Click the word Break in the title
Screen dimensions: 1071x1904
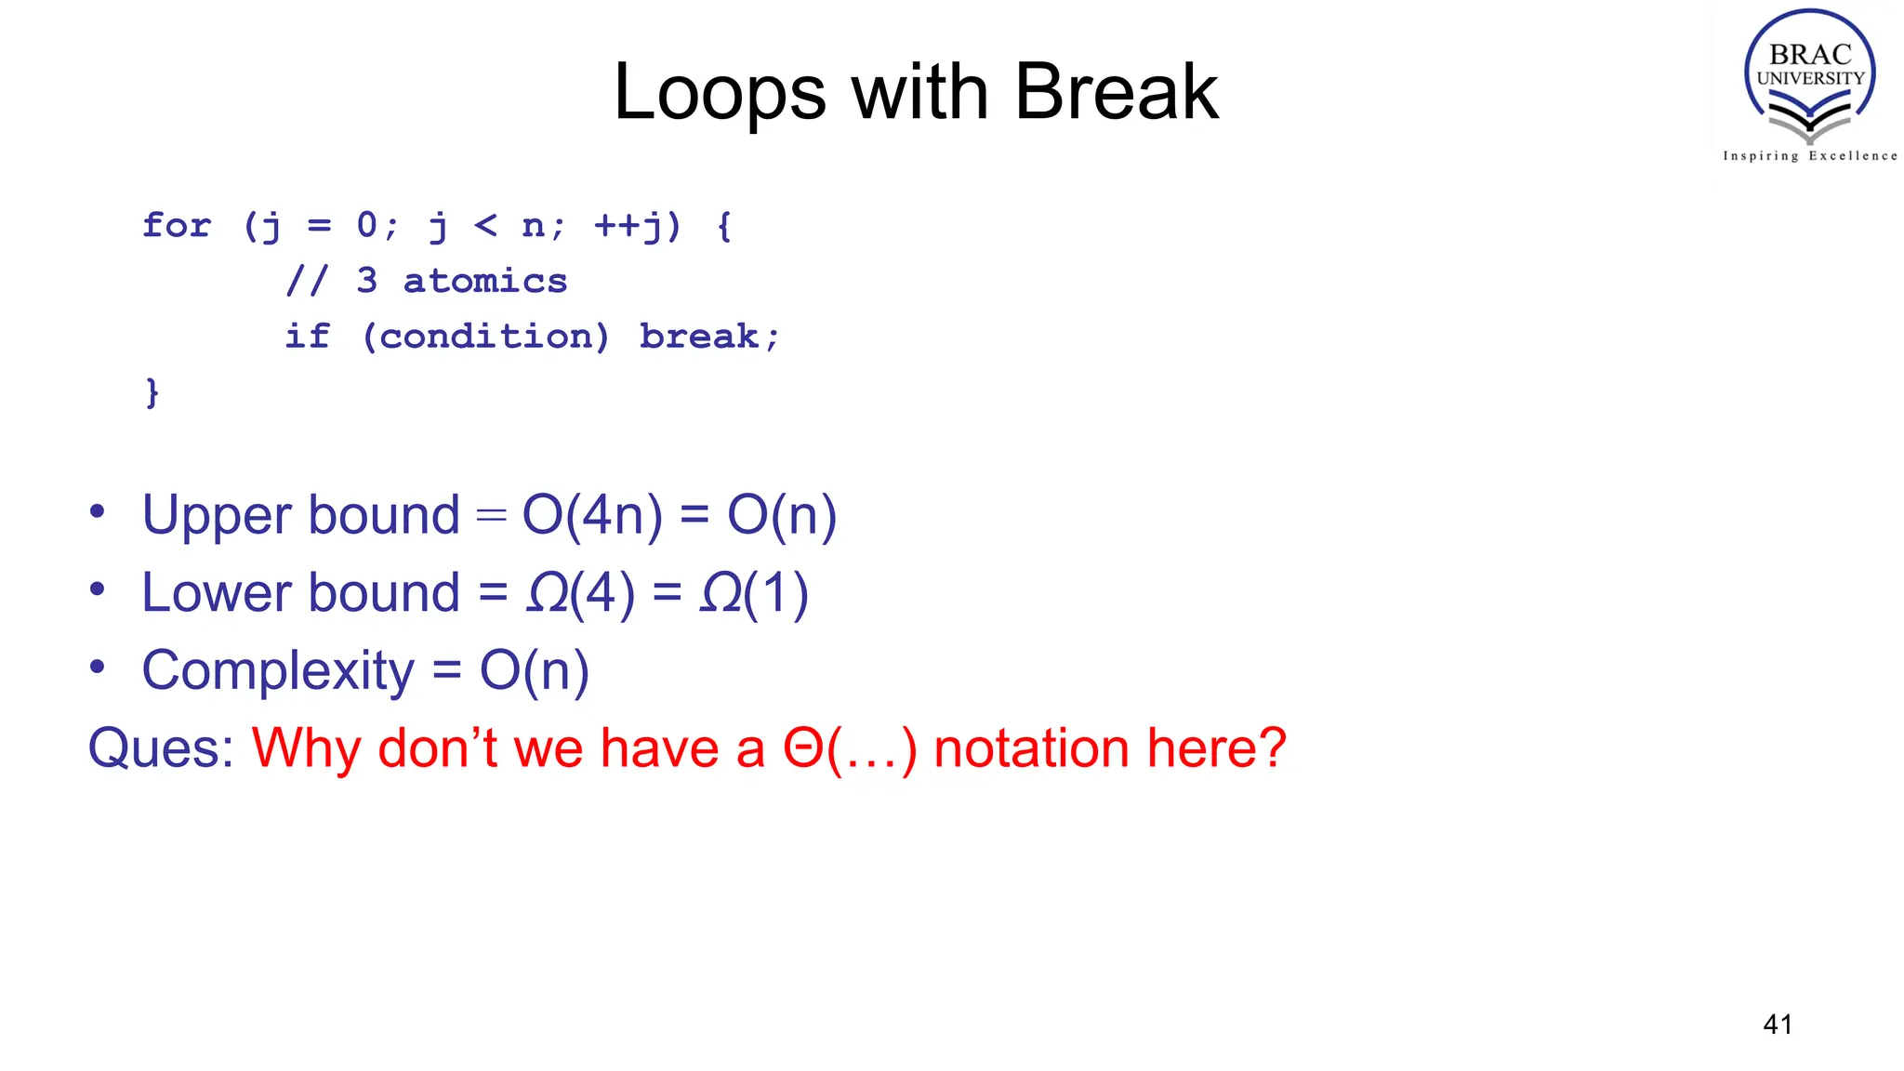pos(1116,92)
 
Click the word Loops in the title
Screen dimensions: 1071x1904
pos(720,92)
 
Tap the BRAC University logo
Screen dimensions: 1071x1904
pos(1809,74)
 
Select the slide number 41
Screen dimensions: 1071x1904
pos(1777,1024)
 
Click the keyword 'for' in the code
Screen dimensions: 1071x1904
pos(177,225)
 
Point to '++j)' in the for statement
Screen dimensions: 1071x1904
pos(638,225)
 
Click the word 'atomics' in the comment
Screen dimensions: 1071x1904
pos(484,281)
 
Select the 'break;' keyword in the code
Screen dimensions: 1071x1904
pos(708,337)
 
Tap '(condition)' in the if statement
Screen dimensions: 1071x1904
pos(484,337)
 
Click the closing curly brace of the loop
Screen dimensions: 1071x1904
pos(152,392)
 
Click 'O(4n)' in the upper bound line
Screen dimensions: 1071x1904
pos(592,515)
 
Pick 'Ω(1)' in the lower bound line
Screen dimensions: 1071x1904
pos(753,593)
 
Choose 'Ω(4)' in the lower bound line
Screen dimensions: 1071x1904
pos(580,593)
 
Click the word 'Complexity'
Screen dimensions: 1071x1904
pos(278,671)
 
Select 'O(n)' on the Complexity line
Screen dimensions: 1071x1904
pos(534,671)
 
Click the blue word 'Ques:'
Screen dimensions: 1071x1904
pos(161,748)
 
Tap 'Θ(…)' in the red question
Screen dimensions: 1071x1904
pos(850,748)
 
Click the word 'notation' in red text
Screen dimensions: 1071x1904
pos(1031,748)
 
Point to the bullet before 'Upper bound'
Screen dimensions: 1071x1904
pos(97,511)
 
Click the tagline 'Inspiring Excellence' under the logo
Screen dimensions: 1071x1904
pos(1809,156)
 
